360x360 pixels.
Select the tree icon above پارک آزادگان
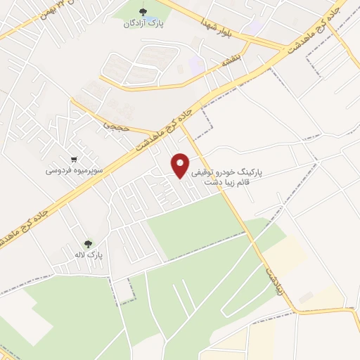pyautogui.click(x=144, y=13)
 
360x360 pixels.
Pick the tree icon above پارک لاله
pyautogui.click(x=87, y=243)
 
